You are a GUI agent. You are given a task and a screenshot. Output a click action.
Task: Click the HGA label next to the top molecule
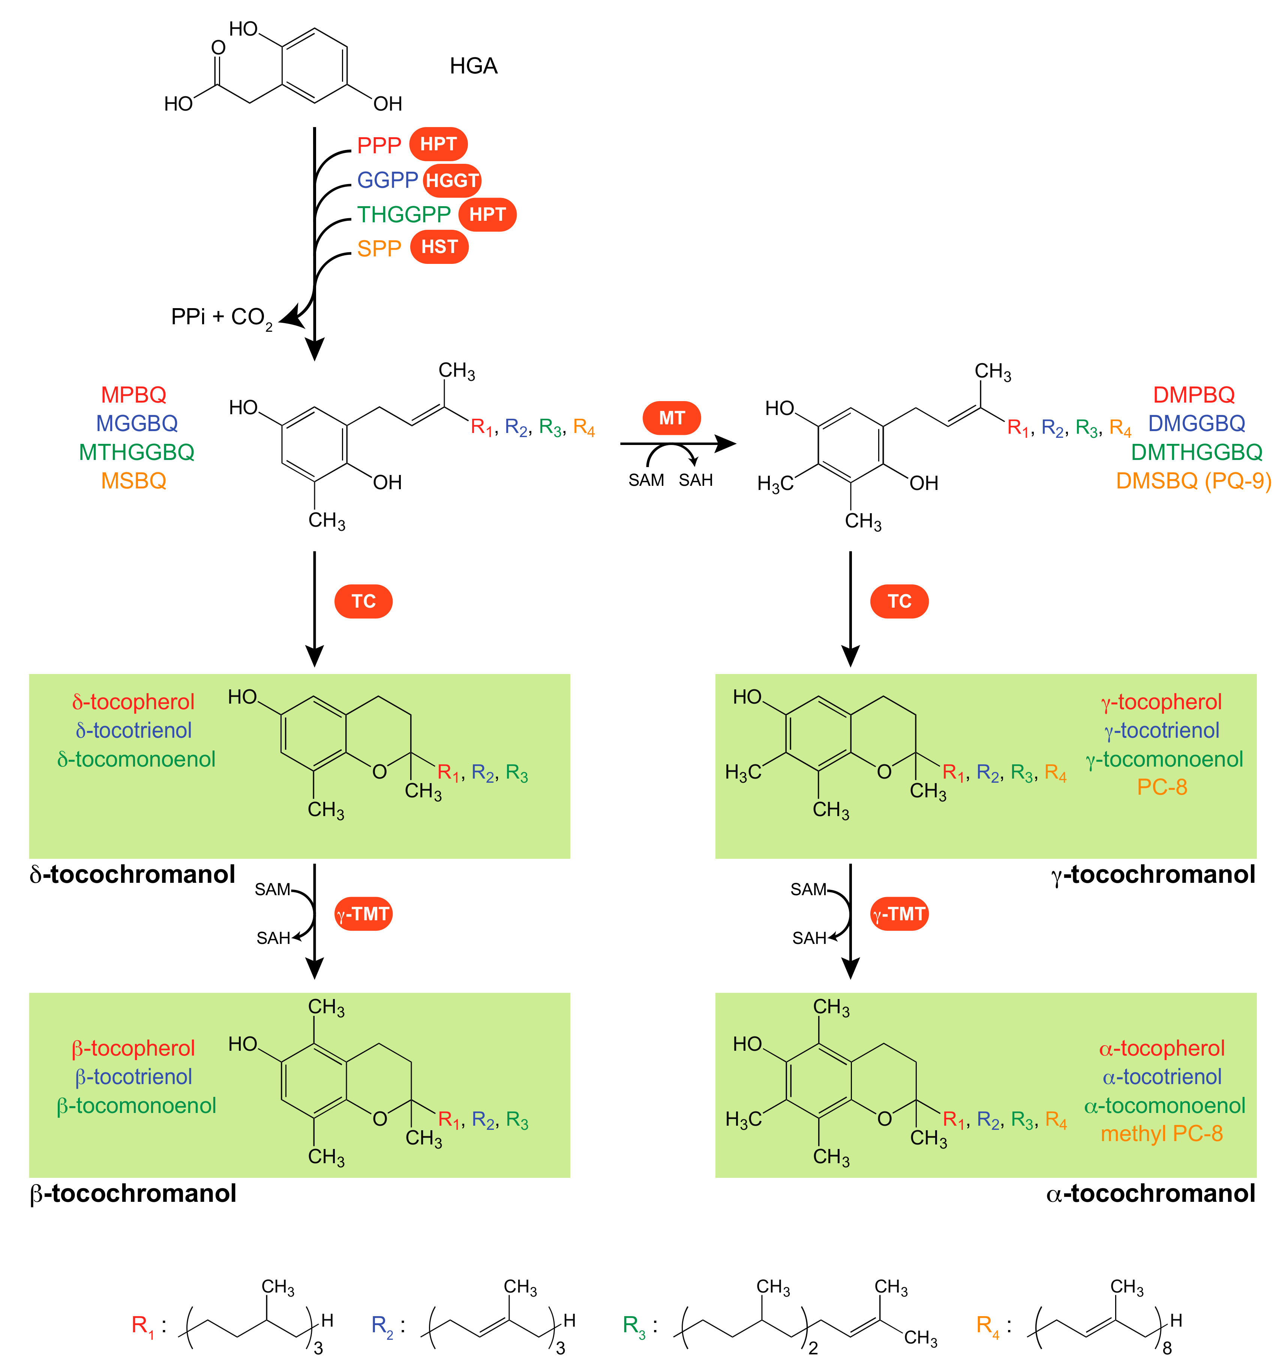[x=473, y=66]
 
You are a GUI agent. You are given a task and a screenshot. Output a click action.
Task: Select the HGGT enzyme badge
[x=452, y=180]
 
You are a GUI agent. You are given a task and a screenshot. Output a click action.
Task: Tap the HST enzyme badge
[x=439, y=247]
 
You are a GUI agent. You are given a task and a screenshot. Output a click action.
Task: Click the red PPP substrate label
[x=379, y=146]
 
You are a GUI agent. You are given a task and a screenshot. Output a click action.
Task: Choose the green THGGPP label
[x=403, y=215]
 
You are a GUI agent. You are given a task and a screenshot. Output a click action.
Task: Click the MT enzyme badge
[x=672, y=418]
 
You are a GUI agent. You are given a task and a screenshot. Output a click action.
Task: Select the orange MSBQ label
[x=133, y=481]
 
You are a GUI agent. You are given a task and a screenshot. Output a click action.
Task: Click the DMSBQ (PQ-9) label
[x=1194, y=481]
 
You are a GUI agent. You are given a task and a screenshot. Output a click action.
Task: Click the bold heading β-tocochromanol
[x=133, y=1194]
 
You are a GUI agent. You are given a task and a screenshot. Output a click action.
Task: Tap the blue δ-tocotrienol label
[x=133, y=731]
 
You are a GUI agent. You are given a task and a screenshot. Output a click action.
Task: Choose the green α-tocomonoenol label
[x=1165, y=1106]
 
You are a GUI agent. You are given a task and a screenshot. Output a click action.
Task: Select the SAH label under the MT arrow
[x=696, y=480]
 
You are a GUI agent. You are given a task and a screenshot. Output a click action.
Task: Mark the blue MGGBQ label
[x=136, y=424]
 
